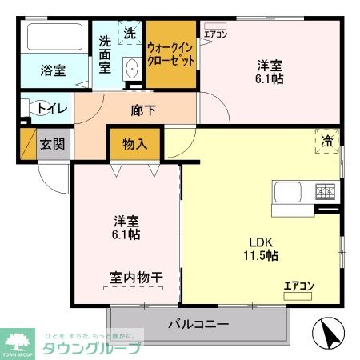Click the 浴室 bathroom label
pyautogui.click(x=53, y=70)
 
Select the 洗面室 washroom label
pyautogui.click(x=106, y=54)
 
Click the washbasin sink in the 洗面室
pyautogui.click(x=131, y=70)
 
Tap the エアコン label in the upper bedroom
pyautogui.click(x=214, y=35)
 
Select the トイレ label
pyautogui.click(x=52, y=107)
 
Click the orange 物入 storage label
pyautogui.click(x=134, y=145)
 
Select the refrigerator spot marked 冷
pyautogui.click(x=328, y=140)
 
